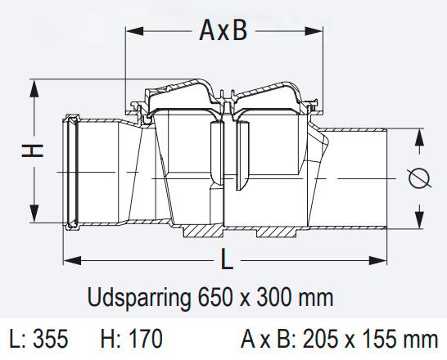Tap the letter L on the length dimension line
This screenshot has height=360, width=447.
[x=227, y=260]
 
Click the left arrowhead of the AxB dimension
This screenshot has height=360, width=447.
[x=131, y=31]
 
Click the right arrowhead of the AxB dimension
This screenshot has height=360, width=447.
[x=319, y=31]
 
